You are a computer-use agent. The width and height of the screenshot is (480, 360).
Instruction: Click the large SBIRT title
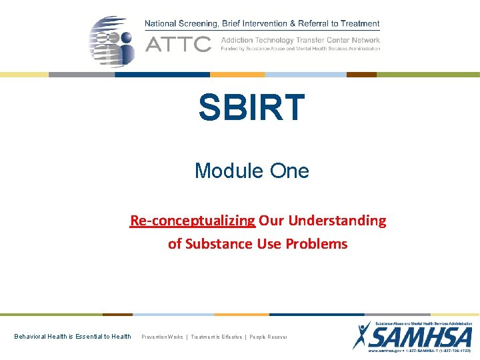(x=251, y=108)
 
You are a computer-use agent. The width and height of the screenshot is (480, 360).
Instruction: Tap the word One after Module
(x=289, y=171)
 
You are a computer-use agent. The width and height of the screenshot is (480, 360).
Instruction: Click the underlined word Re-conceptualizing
(x=193, y=221)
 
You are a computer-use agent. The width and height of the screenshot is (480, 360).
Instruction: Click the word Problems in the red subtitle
(x=317, y=244)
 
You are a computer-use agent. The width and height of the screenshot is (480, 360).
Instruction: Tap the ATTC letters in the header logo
(x=178, y=45)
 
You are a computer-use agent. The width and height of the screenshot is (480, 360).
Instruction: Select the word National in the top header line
(x=163, y=24)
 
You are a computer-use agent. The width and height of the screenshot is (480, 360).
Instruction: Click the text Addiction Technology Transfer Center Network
(x=300, y=40)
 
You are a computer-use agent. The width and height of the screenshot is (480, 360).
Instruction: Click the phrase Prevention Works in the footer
(x=162, y=337)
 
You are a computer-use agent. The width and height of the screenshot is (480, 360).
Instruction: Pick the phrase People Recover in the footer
(x=269, y=337)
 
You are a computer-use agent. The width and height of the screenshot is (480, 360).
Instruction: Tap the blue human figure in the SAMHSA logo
(x=362, y=335)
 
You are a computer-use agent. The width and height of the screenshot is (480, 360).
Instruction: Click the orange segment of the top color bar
(x=237, y=75)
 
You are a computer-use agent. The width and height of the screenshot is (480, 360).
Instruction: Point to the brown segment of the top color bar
(x=361, y=75)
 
